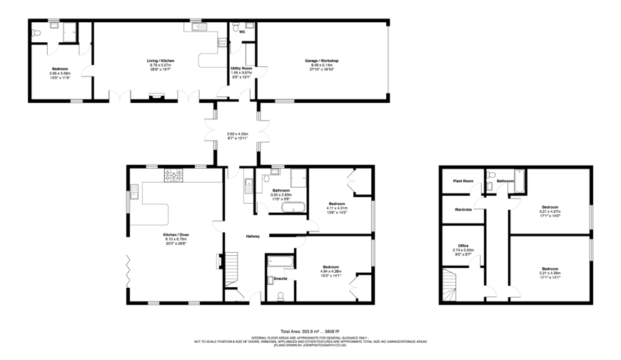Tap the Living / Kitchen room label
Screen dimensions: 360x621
(x=161, y=61)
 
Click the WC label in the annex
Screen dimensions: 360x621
(x=242, y=32)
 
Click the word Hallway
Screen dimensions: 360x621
(x=253, y=236)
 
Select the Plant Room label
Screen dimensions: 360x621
(x=463, y=181)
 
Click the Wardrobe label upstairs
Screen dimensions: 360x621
(x=463, y=209)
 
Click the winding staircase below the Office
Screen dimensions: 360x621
(x=450, y=286)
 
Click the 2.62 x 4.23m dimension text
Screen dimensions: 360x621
(x=238, y=134)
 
